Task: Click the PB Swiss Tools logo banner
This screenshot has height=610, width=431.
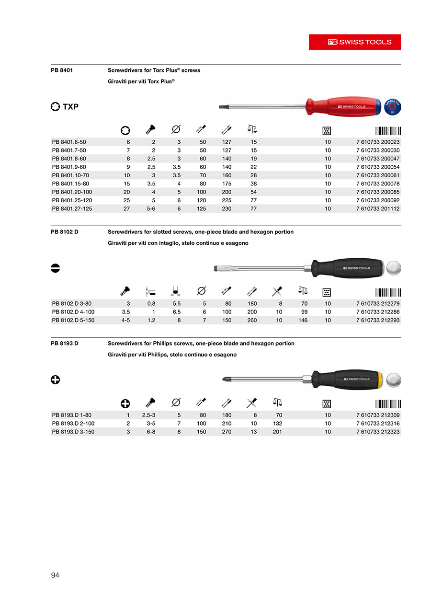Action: pyautogui.click(x=354, y=42)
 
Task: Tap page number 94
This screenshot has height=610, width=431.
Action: pyautogui.click(x=55, y=575)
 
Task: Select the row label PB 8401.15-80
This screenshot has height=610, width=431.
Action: pyautogui.click(x=70, y=184)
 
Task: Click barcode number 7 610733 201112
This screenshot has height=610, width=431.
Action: pyautogui.click(x=378, y=209)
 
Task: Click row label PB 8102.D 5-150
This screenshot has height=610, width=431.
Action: pyautogui.click(x=73, y=320)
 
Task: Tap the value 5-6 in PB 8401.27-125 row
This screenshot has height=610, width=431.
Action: pyautogui.click(x=151, y=209)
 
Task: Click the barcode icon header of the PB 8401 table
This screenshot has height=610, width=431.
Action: pyautogui.click(x=388, y=130)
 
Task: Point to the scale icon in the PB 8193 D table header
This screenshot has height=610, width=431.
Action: pyautogui.click(x=277, y=403)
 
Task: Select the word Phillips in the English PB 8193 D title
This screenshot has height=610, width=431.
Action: pyautogui.click(x=180, y=344)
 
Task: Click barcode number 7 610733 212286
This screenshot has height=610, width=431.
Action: pyautogui.click(x=378, y=312)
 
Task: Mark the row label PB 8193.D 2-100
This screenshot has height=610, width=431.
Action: pyautogui.click(x=73, y=424)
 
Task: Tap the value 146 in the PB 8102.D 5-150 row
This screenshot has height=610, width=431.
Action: pyautogui.click(x=303, y=320)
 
